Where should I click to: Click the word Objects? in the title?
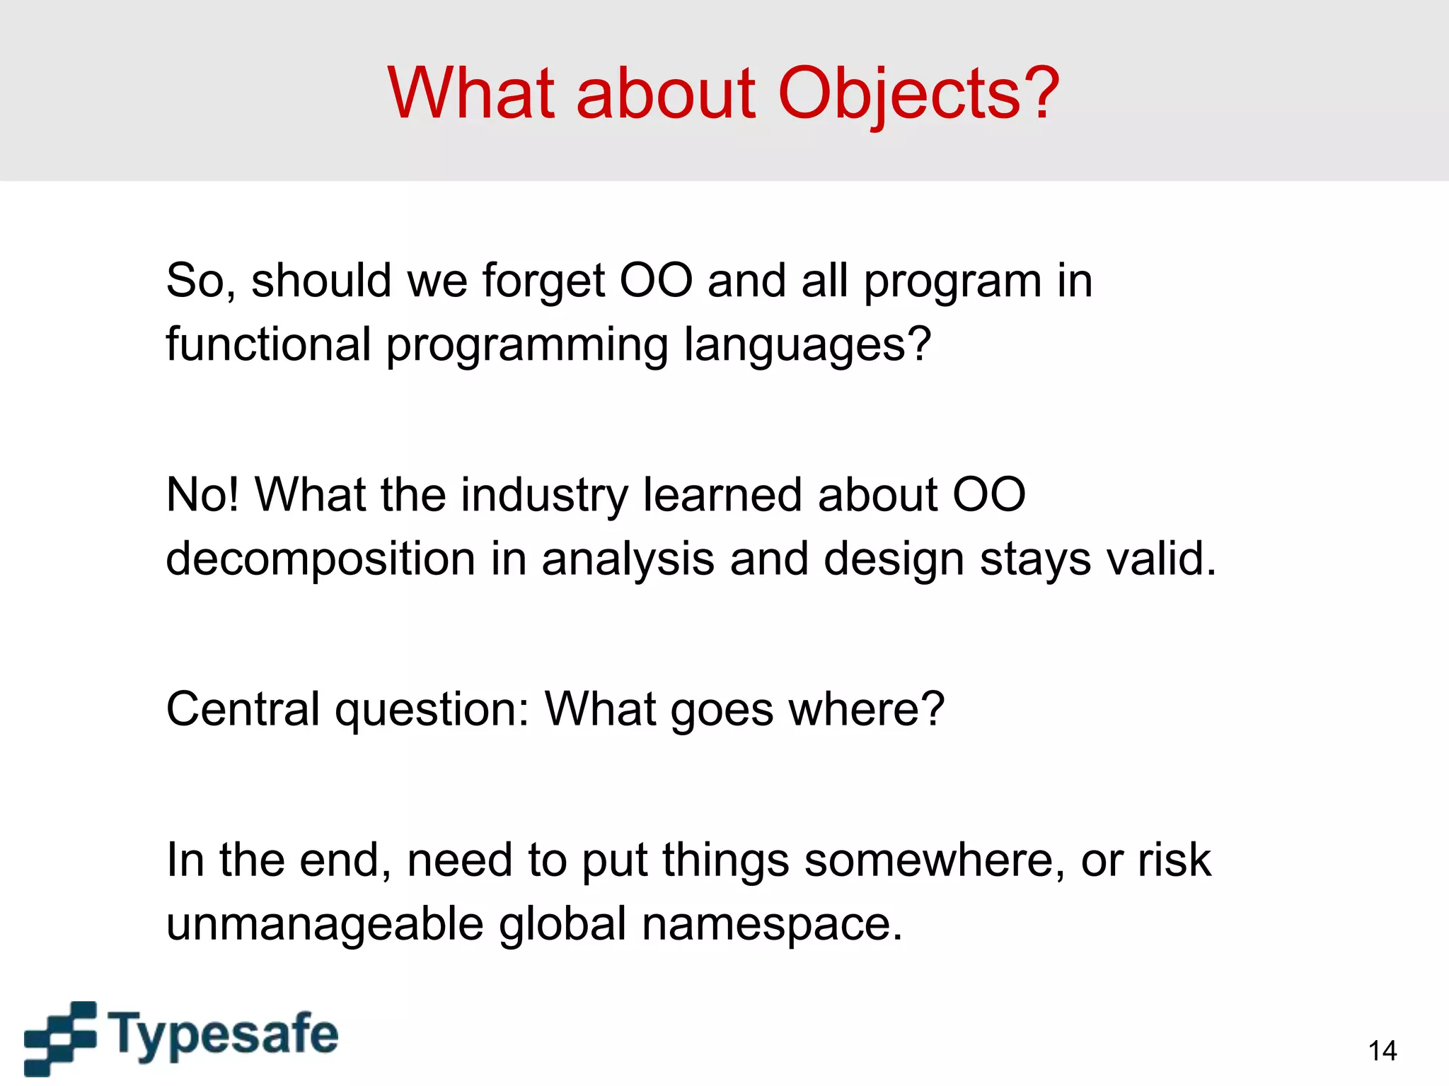pyautogui.click(x=918, y=93)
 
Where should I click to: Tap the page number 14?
pyautogui.click(x=1382, y=1051)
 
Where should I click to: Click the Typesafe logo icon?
pyautogui.click(x=61, y=1037)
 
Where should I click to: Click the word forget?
pyautogui.click(x=543, y=281)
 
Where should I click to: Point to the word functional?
pyautogui.click(x=268, y=344)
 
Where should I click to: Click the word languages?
pyautogui.click(x=807, y=346)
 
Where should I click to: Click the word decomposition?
pyautogui.click(x=320, y=559)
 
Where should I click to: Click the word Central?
pyautogui.click(x=243, y=709)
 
